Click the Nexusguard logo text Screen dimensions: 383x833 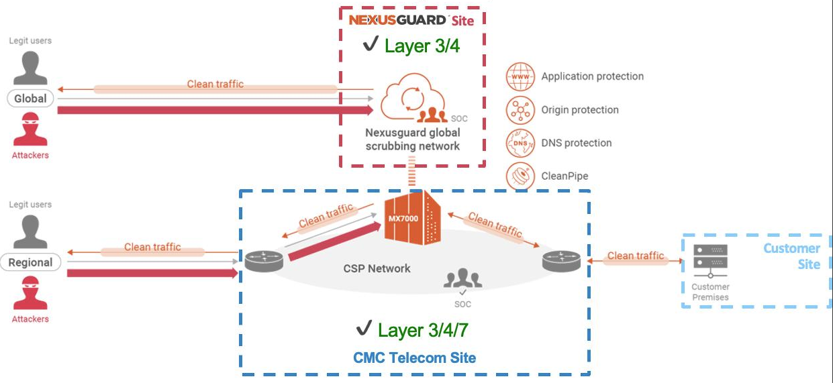397,20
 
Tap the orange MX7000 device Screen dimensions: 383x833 411,218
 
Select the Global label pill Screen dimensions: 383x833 31,99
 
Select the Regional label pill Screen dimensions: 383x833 30,263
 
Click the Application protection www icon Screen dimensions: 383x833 520,76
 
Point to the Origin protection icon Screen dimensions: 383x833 520,110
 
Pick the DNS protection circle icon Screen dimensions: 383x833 520,143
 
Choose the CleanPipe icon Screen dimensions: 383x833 520,176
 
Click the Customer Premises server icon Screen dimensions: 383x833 710,262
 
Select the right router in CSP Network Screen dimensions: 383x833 561,260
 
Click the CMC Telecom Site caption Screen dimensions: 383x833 414,358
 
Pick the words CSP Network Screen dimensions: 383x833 377,268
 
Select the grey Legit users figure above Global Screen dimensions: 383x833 30,67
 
